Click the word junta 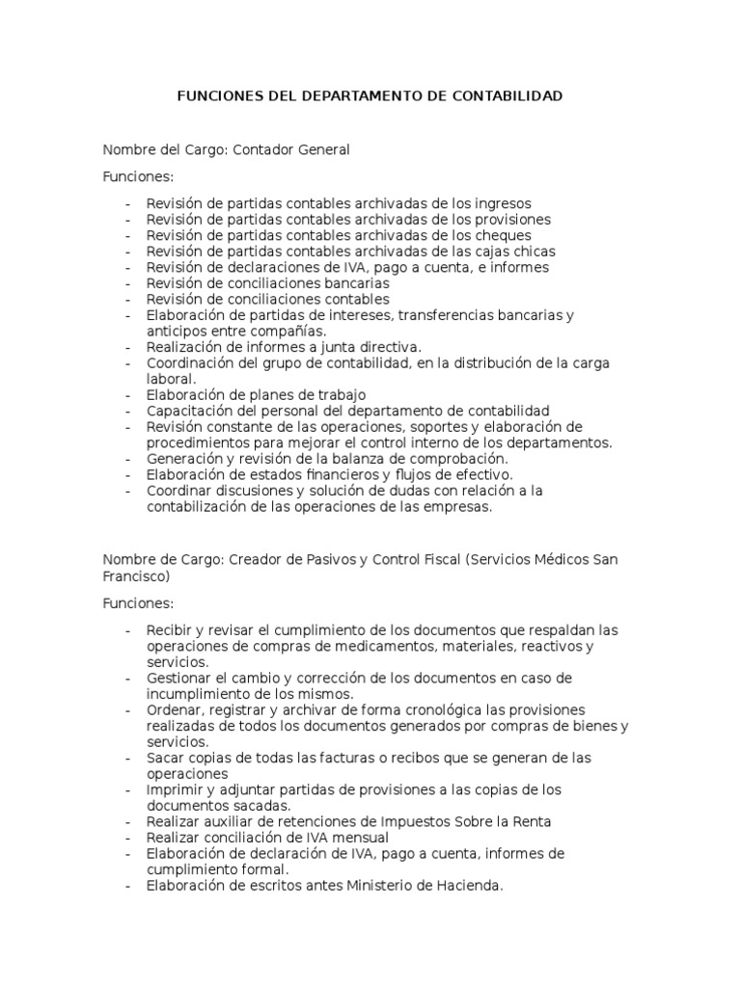(x=328, y=347)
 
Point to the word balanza (x=354, y=458)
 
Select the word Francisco (x=135, y=577)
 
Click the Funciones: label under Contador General (x=138, y=177)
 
